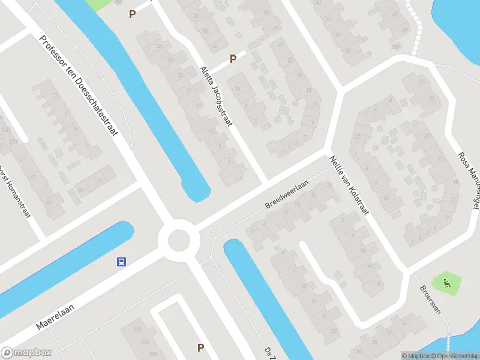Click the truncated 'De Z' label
[x=268, y=351]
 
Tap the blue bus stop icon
[x=121, y=262]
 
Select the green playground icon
[x=446, y=281]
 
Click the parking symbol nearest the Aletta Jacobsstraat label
[x=233, y=59]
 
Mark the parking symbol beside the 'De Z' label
[x=201, y=347]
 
